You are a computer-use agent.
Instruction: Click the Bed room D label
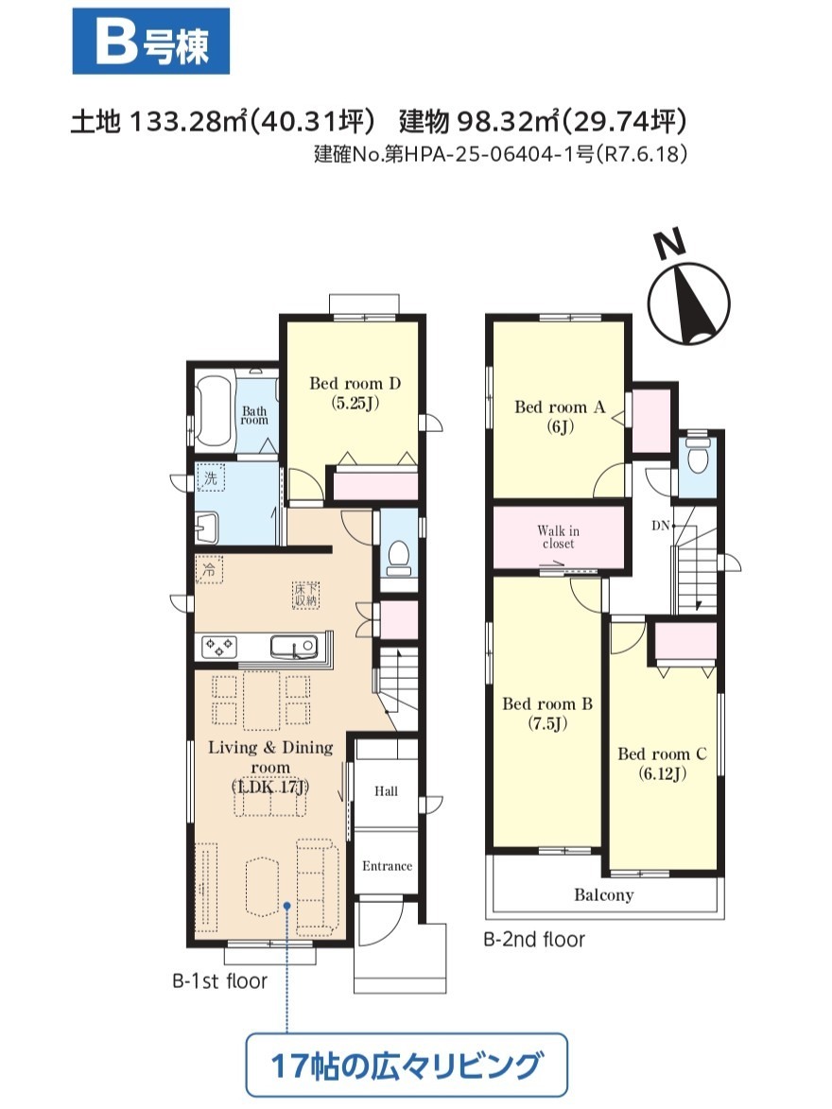point(355,393)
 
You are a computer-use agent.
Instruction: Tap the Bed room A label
point(560,417)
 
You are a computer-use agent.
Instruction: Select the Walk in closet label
point(558,537)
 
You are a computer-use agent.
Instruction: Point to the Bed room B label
point(547,714)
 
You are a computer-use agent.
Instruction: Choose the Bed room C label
point(662,764)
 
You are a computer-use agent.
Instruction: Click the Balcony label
point(603,894)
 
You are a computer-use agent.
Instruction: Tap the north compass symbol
point(687,292)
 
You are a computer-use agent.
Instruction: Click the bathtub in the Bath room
point(215,411)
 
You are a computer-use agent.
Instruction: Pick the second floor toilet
point(698,455)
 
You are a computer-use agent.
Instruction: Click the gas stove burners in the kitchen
point(219,647)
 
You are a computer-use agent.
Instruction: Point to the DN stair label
point(660,526)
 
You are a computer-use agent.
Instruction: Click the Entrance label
point(387,866)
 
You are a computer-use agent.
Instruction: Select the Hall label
point(387,790)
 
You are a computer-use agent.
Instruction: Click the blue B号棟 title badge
point(151,42)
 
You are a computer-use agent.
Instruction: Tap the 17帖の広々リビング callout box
point(407,1066)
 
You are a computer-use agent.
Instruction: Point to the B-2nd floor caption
point(534,939)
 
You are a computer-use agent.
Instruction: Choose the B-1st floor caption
point(220,981)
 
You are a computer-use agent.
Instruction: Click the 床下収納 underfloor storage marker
point(306,594)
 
